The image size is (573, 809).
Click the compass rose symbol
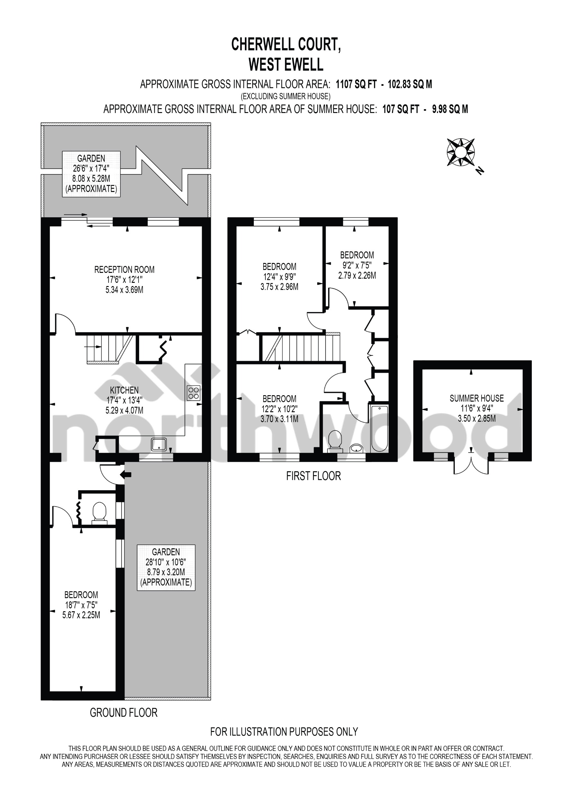coord(461,152)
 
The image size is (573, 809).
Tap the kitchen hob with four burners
coord(194,393)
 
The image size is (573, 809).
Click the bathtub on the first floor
coord(379,429)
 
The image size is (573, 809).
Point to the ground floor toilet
coord(100,513)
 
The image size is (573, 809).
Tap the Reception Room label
coord(124,270)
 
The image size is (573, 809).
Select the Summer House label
coord(476,398)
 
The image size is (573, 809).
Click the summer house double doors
coord(471,465)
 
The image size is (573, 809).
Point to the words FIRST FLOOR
coord(313,476)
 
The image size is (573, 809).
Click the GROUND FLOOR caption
coord(123,713)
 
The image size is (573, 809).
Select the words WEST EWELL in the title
coord(286,65)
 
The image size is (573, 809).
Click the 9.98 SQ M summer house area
coord(450,109)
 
